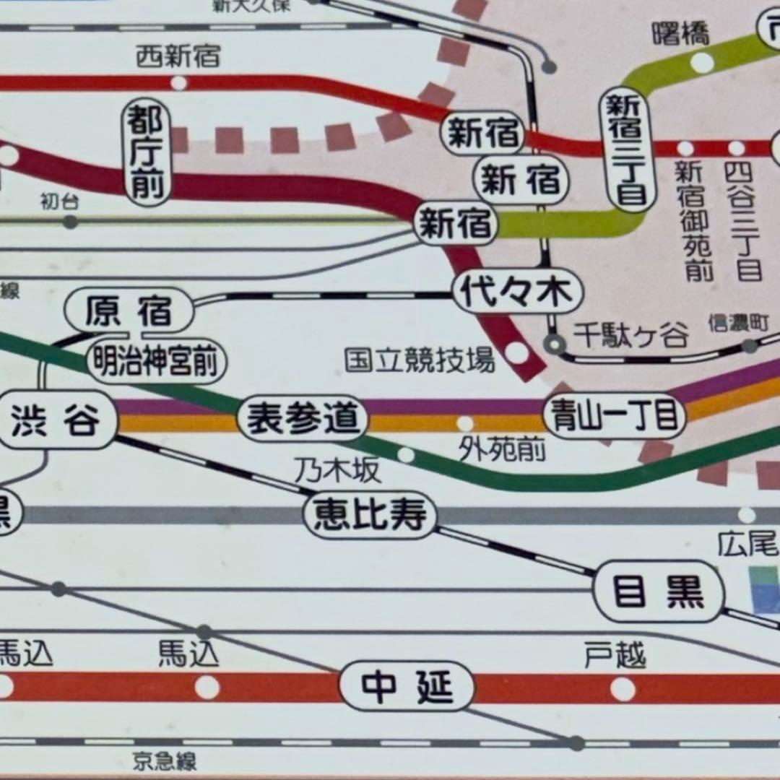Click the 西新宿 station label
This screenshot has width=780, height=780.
click(178, 56)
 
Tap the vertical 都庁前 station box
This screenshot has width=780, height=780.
click(148, 151)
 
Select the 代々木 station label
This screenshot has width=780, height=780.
click(518, 292)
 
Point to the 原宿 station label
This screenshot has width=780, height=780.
click(129, 311)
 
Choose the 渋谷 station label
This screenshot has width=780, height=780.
click(56, 421)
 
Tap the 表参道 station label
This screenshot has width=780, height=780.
click(303, 418)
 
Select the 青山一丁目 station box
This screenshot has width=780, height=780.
click(615, 415)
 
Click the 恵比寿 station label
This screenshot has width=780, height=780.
click(370, 516)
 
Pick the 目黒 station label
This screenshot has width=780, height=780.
click(658, 591)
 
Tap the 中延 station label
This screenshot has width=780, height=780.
click(407, 687)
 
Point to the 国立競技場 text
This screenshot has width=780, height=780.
click(420, 359)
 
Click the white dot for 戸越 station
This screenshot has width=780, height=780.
click(622, 688)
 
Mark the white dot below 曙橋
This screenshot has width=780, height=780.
click(701, 63)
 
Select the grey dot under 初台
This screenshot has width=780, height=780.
click(70, 222)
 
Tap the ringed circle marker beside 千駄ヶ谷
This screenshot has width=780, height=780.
click(555, 344)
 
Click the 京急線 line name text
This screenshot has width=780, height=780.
click(165, 760)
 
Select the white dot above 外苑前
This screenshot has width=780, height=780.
click(465, 423)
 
